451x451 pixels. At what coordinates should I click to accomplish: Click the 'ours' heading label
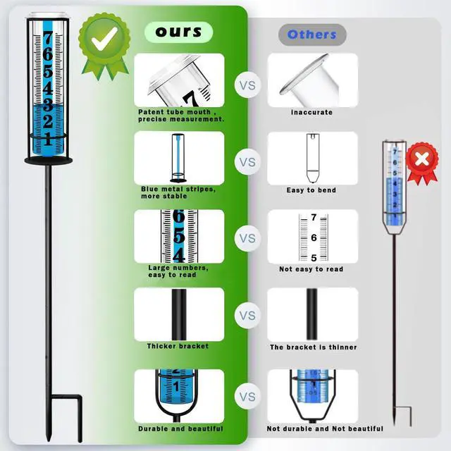point(179,32)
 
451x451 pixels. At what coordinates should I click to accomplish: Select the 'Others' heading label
point(312,34)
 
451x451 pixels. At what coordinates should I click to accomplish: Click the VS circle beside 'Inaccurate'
point(247,85)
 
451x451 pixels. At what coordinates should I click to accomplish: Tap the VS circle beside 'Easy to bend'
point(247,161)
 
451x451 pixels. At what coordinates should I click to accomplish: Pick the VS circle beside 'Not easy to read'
point(247,238)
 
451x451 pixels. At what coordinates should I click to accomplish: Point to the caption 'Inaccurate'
point(311,112)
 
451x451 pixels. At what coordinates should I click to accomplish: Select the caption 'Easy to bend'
point(311,190)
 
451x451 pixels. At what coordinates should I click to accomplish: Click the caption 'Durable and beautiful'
point(180,428)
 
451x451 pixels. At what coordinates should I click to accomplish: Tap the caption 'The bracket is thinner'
point(313,347)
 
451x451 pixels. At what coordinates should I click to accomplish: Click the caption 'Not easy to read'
point(311,269)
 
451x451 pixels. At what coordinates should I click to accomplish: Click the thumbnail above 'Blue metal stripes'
point(179,159)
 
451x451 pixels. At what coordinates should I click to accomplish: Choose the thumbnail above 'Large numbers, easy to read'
point(179,237)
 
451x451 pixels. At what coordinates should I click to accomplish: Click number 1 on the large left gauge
point(47,139)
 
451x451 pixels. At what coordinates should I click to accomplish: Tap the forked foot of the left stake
point(63,416)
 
